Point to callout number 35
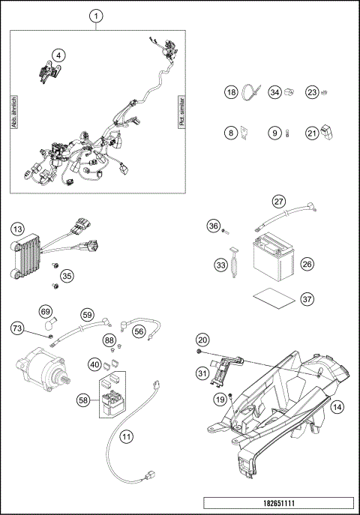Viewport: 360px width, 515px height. [x=67, y=276]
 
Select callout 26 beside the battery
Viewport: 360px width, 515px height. [x=307, y=264]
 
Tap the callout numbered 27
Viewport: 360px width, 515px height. [x=278, y=202]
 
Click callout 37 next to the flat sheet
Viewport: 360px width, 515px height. [x=307, y=298]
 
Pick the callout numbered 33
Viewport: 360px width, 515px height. [x=220, y=265]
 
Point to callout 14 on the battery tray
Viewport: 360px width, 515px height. [x=337, y=407]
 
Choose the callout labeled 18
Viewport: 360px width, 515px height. [x=232, y=92]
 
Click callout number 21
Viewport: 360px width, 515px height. [x=312, y=133]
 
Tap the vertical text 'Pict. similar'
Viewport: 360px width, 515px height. [x=181, y=112]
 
